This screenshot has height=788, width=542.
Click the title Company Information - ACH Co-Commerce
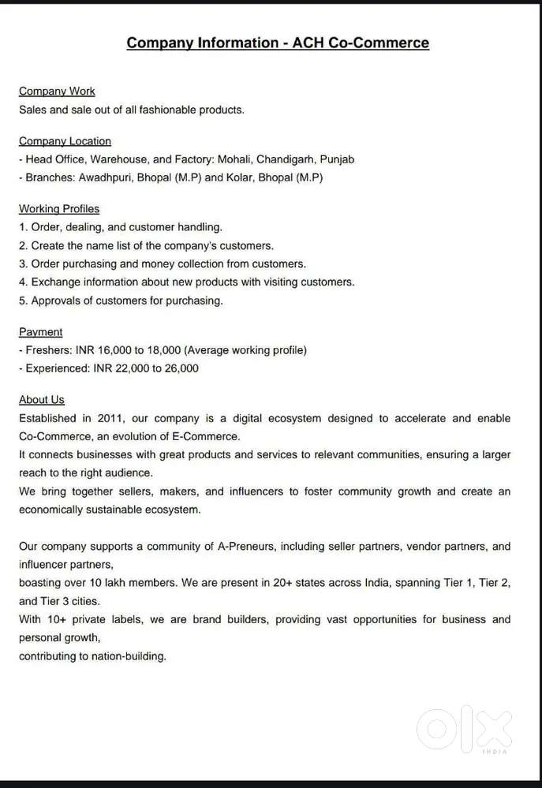[x=278, y=43]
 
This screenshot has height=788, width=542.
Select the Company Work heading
[x=57, y=91]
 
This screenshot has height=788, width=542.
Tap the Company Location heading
[x=65, y=141]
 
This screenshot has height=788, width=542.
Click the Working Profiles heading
[x=59, y=209]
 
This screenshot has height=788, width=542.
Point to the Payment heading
[x=41, y=332]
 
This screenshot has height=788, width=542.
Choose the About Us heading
[x=42, y=400]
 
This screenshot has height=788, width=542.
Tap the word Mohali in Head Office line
[x=235, y=159]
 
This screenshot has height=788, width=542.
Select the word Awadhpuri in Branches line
[x=106, y=177]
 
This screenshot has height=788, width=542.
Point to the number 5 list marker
[x=23, y=301]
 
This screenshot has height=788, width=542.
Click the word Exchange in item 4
[x=54, y=282]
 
